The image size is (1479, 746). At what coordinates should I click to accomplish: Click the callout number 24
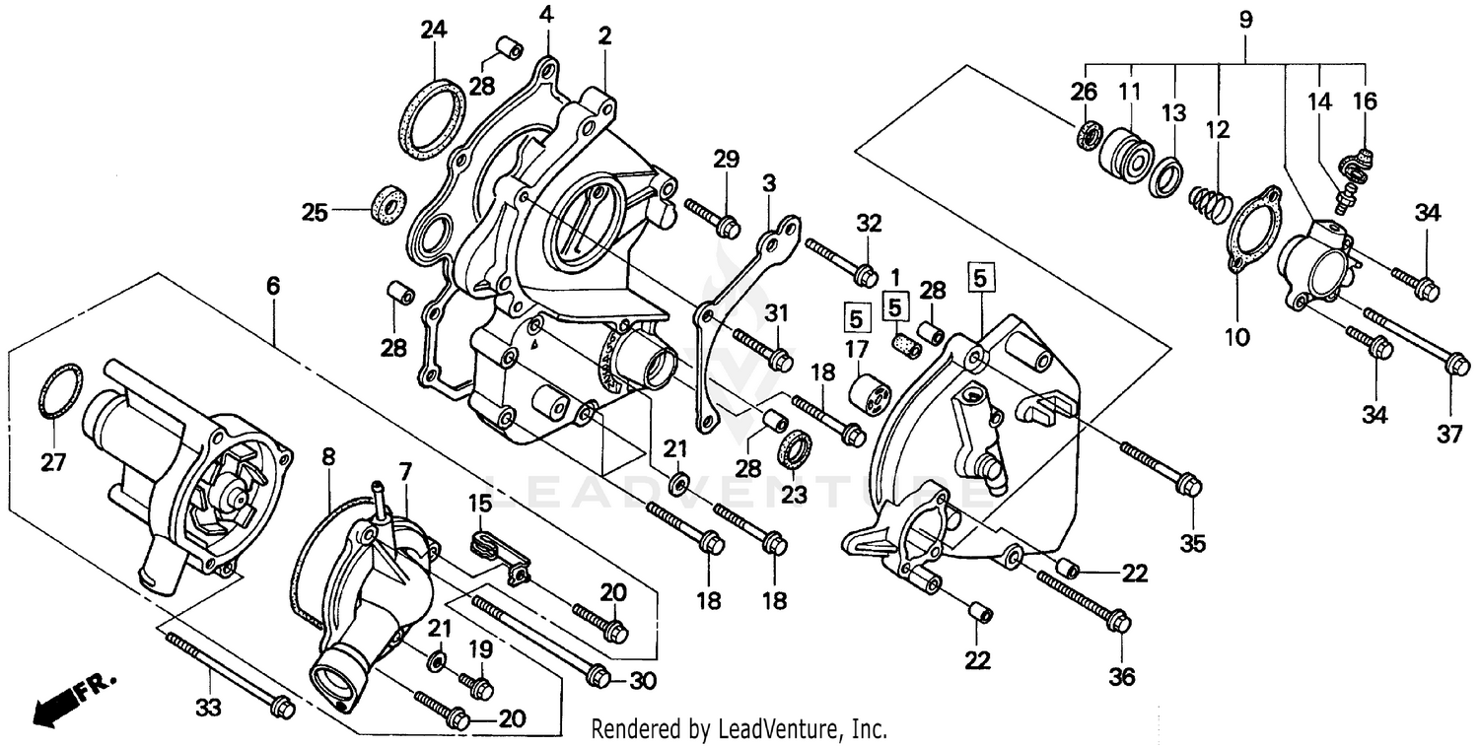(434, 30)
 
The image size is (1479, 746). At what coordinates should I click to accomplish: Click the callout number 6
(273, 286)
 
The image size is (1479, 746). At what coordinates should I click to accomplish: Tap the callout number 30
(642, 680)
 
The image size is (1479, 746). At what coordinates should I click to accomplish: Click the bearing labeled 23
(795, 448)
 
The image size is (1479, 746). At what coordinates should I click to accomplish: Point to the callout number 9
(1245, 19)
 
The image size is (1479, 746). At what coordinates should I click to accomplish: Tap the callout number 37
(1448, 434)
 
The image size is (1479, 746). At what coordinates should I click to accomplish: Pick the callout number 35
(1193, 543)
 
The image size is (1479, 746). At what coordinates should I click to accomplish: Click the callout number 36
(1122, 677)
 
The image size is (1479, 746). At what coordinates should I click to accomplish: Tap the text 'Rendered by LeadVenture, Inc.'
(739, 729)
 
